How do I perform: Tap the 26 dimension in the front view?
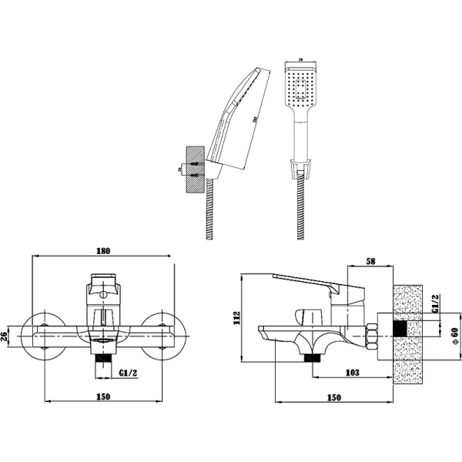pos(7,336)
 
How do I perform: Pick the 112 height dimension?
pos(238,317)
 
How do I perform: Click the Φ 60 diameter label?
pos(455,336)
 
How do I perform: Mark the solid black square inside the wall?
pos(399,328)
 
